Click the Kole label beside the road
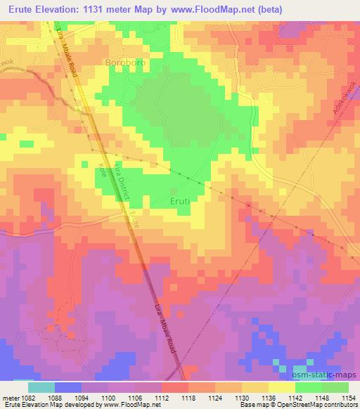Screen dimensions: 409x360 103,171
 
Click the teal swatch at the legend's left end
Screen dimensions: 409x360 40,387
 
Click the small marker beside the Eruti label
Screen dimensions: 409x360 174,190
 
